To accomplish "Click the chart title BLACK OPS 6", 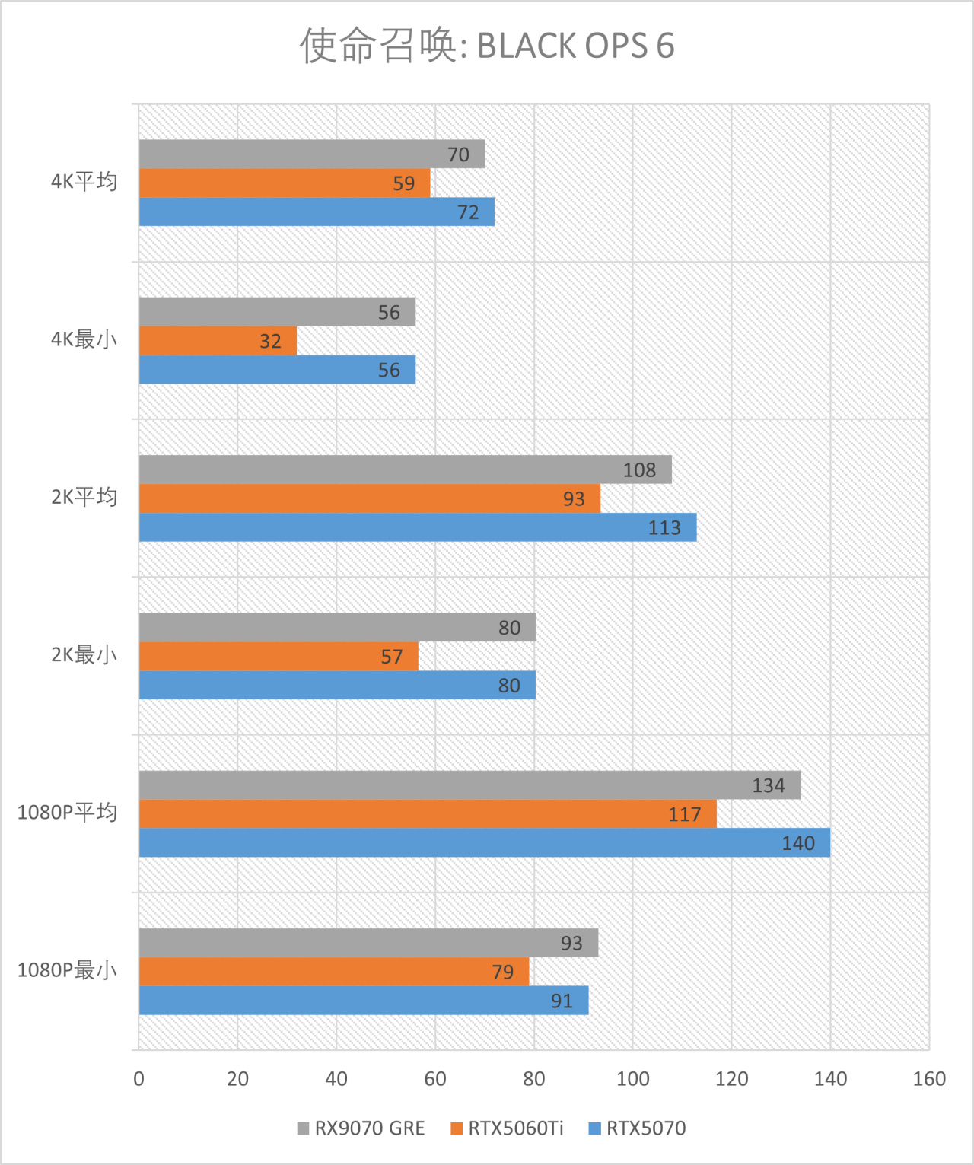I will (x=487, y=46).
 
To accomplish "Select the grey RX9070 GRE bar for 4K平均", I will (x=312, y=154).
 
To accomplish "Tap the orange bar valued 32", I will (x=218, y=341).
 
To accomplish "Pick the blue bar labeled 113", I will (x=418, y=527).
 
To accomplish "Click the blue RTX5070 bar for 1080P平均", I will (x=484, y=843).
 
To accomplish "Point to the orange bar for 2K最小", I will (x=279, y=657).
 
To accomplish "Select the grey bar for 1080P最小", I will (x=368, y=943).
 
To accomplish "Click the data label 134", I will (x=769, y=785).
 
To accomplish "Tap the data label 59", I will (x=404, y=183).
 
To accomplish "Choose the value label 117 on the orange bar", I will (x=684, y=814).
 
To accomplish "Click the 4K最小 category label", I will (x=84, y=339).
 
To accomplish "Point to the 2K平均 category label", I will (x=84, y=498).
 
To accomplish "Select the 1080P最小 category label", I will (x=67, y=970).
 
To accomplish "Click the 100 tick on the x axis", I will (x=632, y=1078).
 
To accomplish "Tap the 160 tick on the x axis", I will (x=929, y=1078).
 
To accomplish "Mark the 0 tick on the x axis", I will (x=138, y=1078).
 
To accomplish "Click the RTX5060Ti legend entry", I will (x=515, y=1128).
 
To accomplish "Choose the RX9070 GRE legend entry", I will (x=369, y=1128).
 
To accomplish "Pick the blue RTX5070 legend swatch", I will (x=595, y=1128).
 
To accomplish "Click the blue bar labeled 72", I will (x=317, y=212).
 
